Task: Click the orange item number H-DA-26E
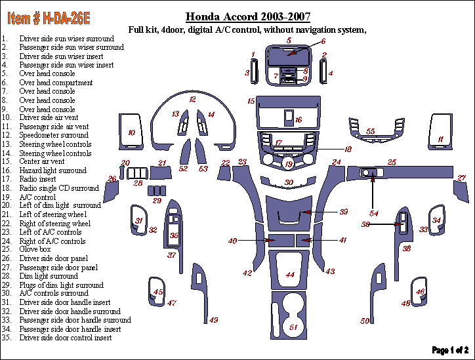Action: point(49,18)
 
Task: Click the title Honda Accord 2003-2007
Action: point(248,16)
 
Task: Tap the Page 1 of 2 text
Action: point(450,350)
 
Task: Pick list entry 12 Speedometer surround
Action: point(45,135)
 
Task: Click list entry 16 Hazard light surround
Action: point(44,170)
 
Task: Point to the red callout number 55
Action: point(371,131)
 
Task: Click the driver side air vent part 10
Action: point(131,132)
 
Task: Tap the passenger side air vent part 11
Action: point(440,132)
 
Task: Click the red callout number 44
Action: point(290,275)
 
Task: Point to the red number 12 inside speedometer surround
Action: point(192,99)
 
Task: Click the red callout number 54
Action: point(373,213)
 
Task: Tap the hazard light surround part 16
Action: point(289,117)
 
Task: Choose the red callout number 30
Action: point(289,182)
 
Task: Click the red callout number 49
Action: point(213,320)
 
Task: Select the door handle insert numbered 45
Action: point(157,292)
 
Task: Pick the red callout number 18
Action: point(348,149)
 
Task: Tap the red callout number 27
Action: point(461,178)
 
